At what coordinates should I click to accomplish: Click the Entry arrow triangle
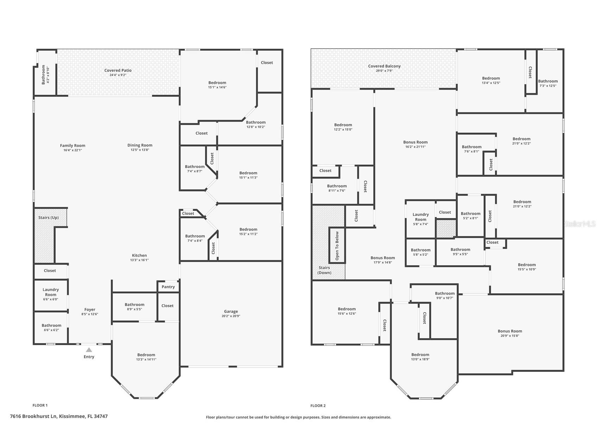coord(89,350)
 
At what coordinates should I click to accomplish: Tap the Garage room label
coord(231,311)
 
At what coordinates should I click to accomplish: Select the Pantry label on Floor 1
coord(168,287)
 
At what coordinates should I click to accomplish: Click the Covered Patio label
coord(118,70)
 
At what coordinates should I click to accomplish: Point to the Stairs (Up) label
coord(49,218)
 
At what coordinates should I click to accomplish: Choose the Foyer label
coord(90,310)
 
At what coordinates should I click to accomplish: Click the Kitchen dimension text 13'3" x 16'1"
coord(139,260)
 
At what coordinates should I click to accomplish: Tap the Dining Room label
coord(140,145)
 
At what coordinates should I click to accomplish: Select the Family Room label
coord(72,145)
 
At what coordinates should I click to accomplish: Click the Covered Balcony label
coord(384,66)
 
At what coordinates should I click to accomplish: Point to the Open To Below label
coord(337,246)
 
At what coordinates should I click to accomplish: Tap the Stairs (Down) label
coord(324,270)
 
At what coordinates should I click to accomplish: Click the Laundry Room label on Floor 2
coord(420,217)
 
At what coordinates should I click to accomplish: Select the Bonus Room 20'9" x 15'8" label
coord(510,333)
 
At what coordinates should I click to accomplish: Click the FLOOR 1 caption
coord(40,405)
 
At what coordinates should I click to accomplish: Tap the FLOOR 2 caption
coord(318,406)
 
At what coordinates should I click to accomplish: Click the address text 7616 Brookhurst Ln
coord(33,416)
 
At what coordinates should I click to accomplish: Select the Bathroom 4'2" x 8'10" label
coord(45,74)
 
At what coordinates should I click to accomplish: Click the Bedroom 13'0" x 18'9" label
coord(420,357)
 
